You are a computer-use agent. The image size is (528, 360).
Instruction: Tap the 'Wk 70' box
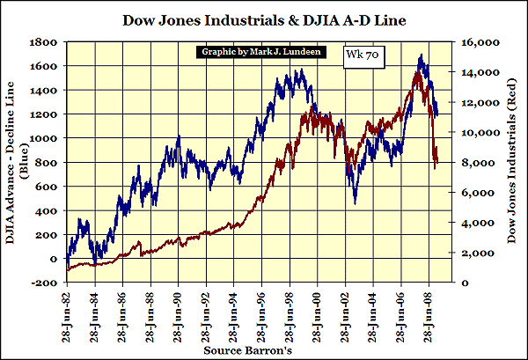356,54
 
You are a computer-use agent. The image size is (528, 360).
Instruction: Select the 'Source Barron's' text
263,349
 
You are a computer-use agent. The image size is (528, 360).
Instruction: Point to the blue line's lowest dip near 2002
356,204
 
